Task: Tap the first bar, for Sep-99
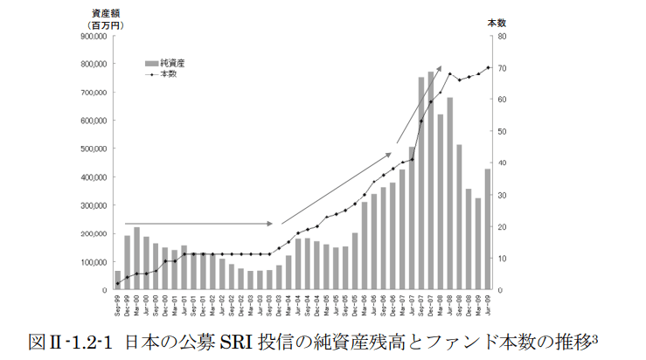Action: (118, 280)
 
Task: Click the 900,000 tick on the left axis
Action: (93, 37)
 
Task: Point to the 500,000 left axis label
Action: (93, 149)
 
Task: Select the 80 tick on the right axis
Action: (501, 37)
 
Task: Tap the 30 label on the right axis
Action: (501, 195)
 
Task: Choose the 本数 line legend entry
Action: (168, 74)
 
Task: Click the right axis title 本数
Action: (497, 24)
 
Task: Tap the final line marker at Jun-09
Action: (488, 67)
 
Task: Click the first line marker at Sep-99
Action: (118, 283)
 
